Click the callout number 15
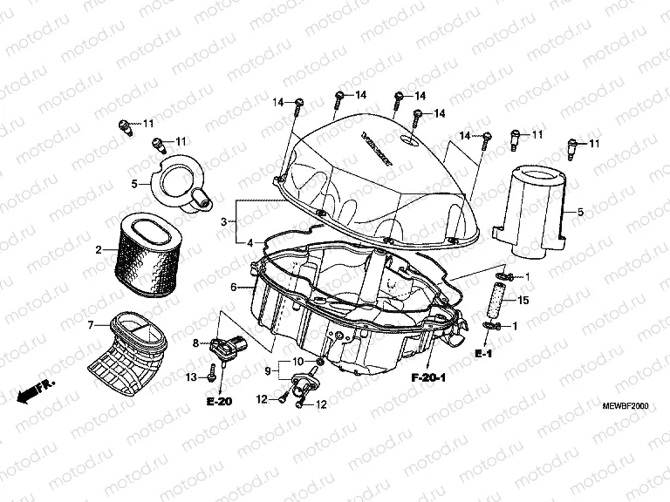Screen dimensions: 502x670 click(523, 301)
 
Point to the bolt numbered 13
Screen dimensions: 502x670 click(212, 376)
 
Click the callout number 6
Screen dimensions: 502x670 click(233, 287)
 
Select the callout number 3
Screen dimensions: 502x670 click(224, 222)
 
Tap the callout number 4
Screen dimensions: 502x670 click(250, 242)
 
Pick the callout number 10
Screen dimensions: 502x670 click(298, 361)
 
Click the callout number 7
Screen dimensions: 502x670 click(91, 325)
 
